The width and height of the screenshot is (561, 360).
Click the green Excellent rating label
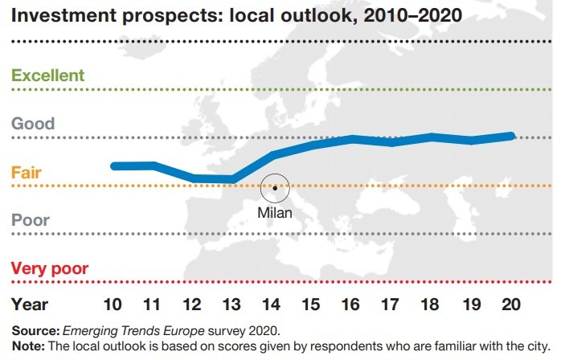47,76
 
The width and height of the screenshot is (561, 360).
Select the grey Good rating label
33,124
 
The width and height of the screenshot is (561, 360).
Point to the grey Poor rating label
30,220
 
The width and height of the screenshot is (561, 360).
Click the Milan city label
275,214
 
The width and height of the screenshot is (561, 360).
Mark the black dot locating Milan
275,188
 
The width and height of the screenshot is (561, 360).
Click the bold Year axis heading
30,305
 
